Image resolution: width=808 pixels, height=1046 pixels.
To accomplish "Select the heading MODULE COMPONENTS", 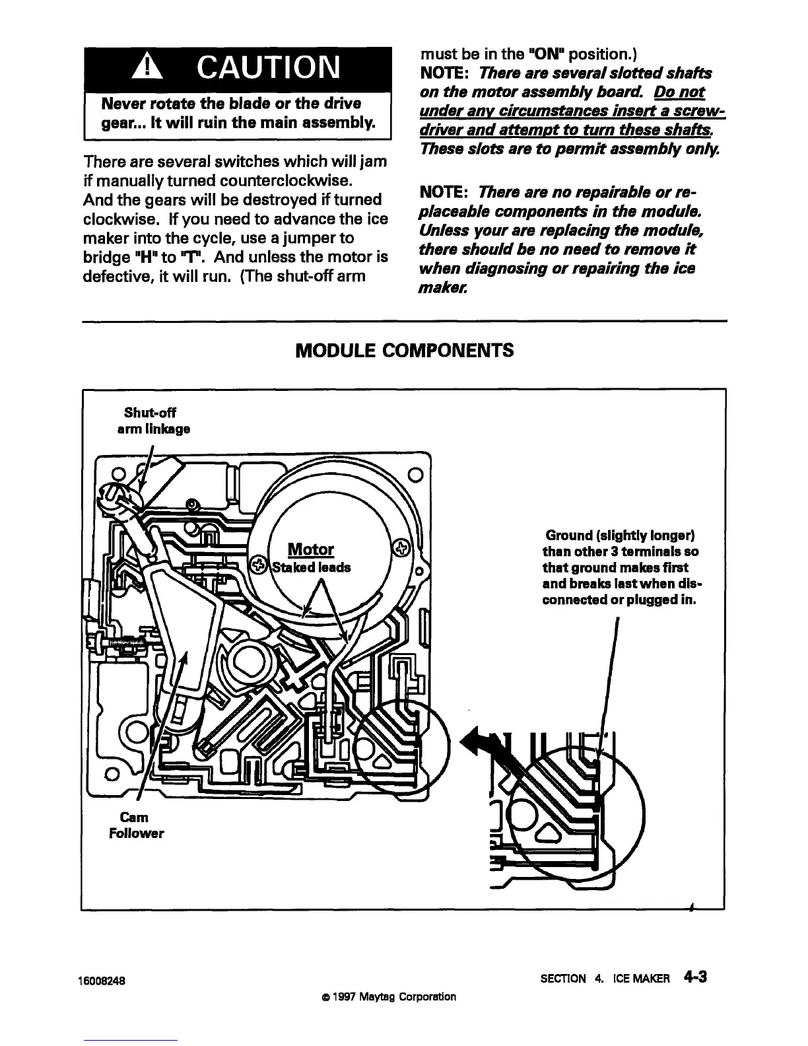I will pyautogui.click(x=404, y=350).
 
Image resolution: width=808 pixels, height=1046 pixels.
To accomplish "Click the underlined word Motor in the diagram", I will pyautogui.click(x=311, y=549).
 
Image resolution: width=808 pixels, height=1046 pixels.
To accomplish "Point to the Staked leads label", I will pyautogui.click(x=312, y=567).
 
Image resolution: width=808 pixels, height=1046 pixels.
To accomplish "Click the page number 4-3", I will pyautogui.click(x=696, y=977).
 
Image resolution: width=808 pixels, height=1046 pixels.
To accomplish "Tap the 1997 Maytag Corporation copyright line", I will pyautogui.click(x=385, y=996).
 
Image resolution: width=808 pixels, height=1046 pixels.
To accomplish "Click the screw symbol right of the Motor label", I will pyautogui.click(x=401, y=547).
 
